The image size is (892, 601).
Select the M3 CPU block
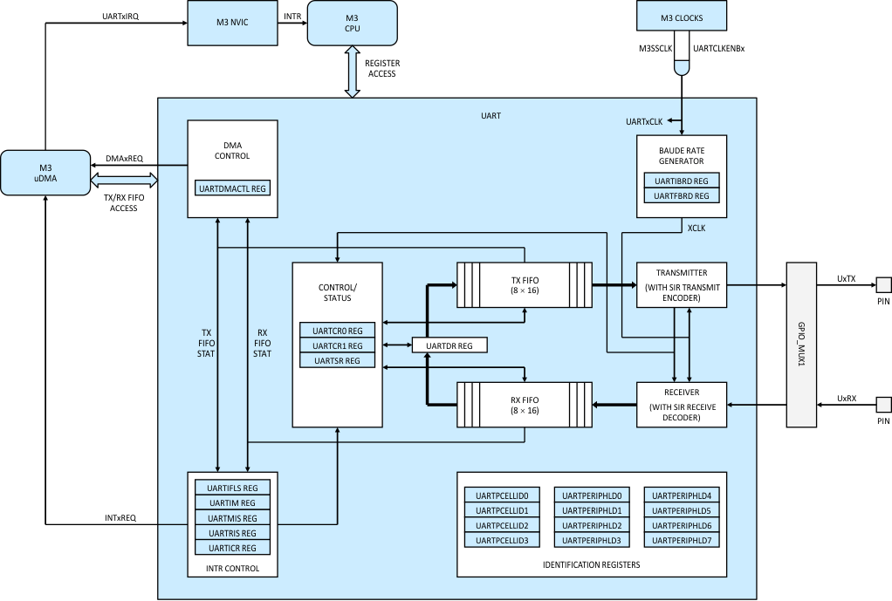[352, 23]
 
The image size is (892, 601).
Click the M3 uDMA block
[45, 173]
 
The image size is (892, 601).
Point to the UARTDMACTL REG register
[233, 188]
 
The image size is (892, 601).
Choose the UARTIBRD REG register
[682, 181]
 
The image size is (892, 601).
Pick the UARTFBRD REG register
[682, 195]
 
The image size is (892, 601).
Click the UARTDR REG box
[449, 346]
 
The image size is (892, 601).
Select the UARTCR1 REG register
[337, 345]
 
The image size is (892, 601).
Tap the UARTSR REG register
[337, 360]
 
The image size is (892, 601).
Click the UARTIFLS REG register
[232, 488]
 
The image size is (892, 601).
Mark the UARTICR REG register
[232, 548]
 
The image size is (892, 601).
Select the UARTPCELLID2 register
[503, 525]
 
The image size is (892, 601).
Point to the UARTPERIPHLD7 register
[682, 540]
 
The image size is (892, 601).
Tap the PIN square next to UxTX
[883, 284]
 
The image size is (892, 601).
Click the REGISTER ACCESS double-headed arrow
[353, 73]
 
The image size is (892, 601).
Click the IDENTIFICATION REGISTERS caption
[592, 565]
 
